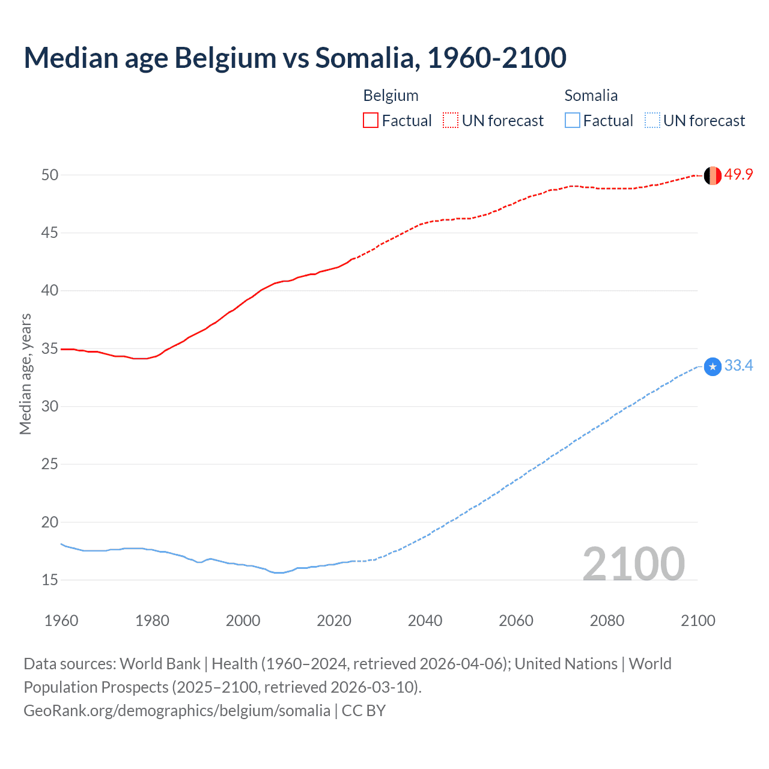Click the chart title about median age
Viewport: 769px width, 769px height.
(294, 58)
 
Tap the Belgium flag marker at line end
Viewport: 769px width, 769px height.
(713, 175)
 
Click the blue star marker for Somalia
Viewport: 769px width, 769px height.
(713, 366)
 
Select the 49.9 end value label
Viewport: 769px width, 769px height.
(738, 175)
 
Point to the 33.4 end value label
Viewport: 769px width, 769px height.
(738, 366)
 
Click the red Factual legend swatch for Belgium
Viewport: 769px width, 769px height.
(371, 121)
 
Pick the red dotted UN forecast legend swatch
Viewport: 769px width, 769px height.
(451, 121)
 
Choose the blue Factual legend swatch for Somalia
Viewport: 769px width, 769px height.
(573, 121)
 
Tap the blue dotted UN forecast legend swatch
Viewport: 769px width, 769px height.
(652, 121)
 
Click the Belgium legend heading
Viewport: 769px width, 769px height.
(391, 96)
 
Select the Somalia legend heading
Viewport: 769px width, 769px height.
(591, 96)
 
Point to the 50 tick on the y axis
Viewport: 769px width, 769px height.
(50, 175)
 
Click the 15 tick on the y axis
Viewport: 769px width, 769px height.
(50, 580)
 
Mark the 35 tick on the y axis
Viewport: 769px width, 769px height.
(50, 348)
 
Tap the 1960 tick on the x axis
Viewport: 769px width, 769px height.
(61, 621)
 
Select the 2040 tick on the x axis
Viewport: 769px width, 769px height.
(425, 621)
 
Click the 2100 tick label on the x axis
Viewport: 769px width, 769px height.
(698, 621)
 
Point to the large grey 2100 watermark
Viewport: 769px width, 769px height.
(634, 564)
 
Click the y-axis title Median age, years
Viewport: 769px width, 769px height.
(25, 374)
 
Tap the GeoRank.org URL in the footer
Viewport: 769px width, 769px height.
(177, 711)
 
